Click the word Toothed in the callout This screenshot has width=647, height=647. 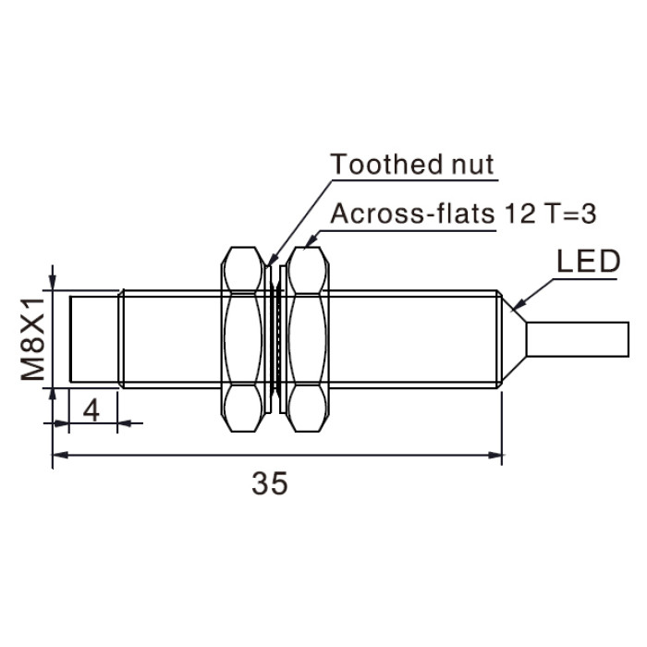386,165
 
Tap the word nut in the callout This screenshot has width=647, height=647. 472,165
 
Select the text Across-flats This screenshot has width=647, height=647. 412,214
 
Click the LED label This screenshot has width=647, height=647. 589,262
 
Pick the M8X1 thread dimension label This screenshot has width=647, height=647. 33,339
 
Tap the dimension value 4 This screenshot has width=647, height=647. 92,411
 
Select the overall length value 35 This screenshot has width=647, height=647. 270,483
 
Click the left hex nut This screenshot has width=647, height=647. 242,339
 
